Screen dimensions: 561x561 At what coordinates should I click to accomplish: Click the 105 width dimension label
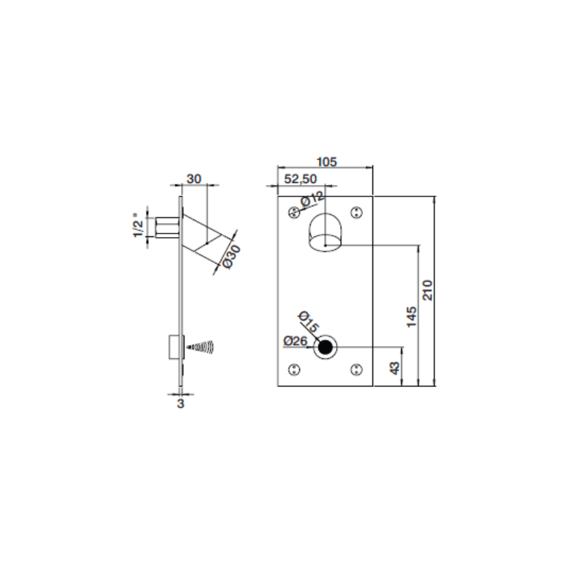pyautogui.click(x=327, y=162)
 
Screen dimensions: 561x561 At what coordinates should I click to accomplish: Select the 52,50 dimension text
pyautogui.click(x=301, y=179)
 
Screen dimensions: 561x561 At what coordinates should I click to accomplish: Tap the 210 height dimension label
pyautogui.click(x=428, y=290)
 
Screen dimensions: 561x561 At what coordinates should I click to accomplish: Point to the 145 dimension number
pyautogui.click(x=412, y=317)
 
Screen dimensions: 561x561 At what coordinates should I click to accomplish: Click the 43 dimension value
pyautogui.click(x=395, y=368)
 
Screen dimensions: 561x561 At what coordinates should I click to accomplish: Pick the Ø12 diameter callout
pyautogui.click(x=312, y=199)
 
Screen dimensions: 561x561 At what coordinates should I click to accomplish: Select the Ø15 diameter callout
pyautogui.click(x=308, y=321)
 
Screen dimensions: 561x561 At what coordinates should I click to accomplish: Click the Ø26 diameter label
pyautogui.click(x=295, y=341)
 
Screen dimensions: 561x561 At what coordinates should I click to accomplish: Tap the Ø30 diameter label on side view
pyautogui.click(x=231, y=257)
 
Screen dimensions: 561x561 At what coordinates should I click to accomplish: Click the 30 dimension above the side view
pyautogui.click(x=194, y=179)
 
